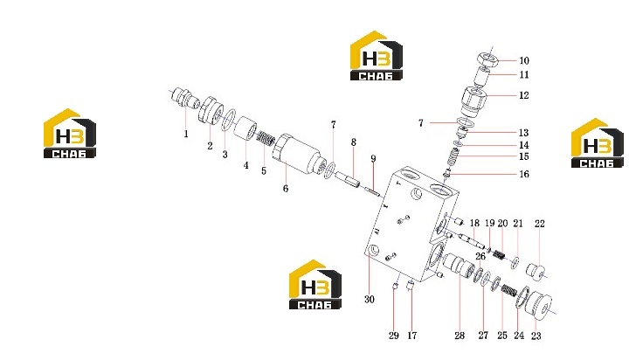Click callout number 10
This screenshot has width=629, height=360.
tap(524, 60)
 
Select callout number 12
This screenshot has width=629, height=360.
tap(524, 95)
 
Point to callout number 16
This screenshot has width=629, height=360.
tap(524, 174)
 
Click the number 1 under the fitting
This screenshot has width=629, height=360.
tap(186, 134)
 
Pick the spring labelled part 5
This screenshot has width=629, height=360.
tap(266, 139)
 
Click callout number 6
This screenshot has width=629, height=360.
tap(285, 188)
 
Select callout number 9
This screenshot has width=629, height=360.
tap(373, 158)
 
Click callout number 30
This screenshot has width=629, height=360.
tap(369, 299)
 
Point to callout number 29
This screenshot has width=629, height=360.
tap(393, 336)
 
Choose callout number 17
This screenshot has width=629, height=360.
tap(412, 336)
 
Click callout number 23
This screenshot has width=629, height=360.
tap(536, 336)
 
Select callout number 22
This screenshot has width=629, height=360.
tap(540, 224)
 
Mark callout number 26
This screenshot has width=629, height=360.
tap(480, 256)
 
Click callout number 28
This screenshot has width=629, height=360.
tap(460, 336)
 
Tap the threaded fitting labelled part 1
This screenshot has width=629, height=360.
tap(184, 100)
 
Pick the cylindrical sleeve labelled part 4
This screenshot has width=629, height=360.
tap(245, 128)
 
